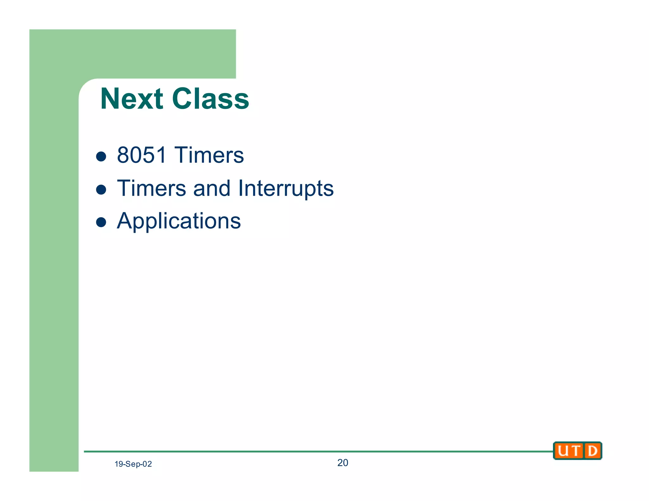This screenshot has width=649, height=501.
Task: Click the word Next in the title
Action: (132, 99)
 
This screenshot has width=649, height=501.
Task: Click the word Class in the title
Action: (210, 99)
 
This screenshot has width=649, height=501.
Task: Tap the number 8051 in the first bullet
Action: (142, 155)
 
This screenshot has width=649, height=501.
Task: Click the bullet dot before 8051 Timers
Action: (101, 156)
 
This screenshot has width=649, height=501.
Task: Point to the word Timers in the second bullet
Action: (151, 188)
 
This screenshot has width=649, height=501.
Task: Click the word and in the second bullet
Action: (212, 188)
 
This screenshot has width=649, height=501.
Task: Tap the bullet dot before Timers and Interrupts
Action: (101, 189)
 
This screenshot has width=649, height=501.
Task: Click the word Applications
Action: (179, 221)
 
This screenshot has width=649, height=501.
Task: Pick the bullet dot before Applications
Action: (101, 222)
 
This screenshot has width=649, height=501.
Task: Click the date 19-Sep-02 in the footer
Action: (133, 464)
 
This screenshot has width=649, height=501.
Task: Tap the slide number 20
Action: (343, 463)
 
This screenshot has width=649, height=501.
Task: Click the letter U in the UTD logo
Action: (563, 451)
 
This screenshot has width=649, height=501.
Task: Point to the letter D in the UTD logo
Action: (592, 451)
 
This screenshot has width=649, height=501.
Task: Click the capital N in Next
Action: (110, 99)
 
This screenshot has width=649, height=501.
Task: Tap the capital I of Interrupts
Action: (241, 188)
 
